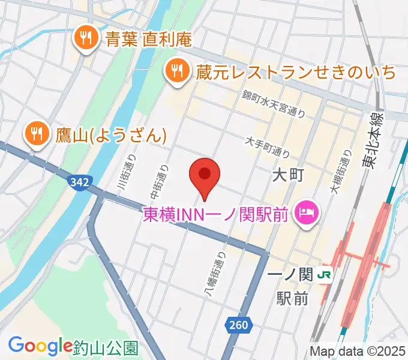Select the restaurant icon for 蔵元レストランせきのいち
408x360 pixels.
(x=176, y=71)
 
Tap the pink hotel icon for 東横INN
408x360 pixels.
(x=307, y=214)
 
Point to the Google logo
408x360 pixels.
(x=40, y=345)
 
